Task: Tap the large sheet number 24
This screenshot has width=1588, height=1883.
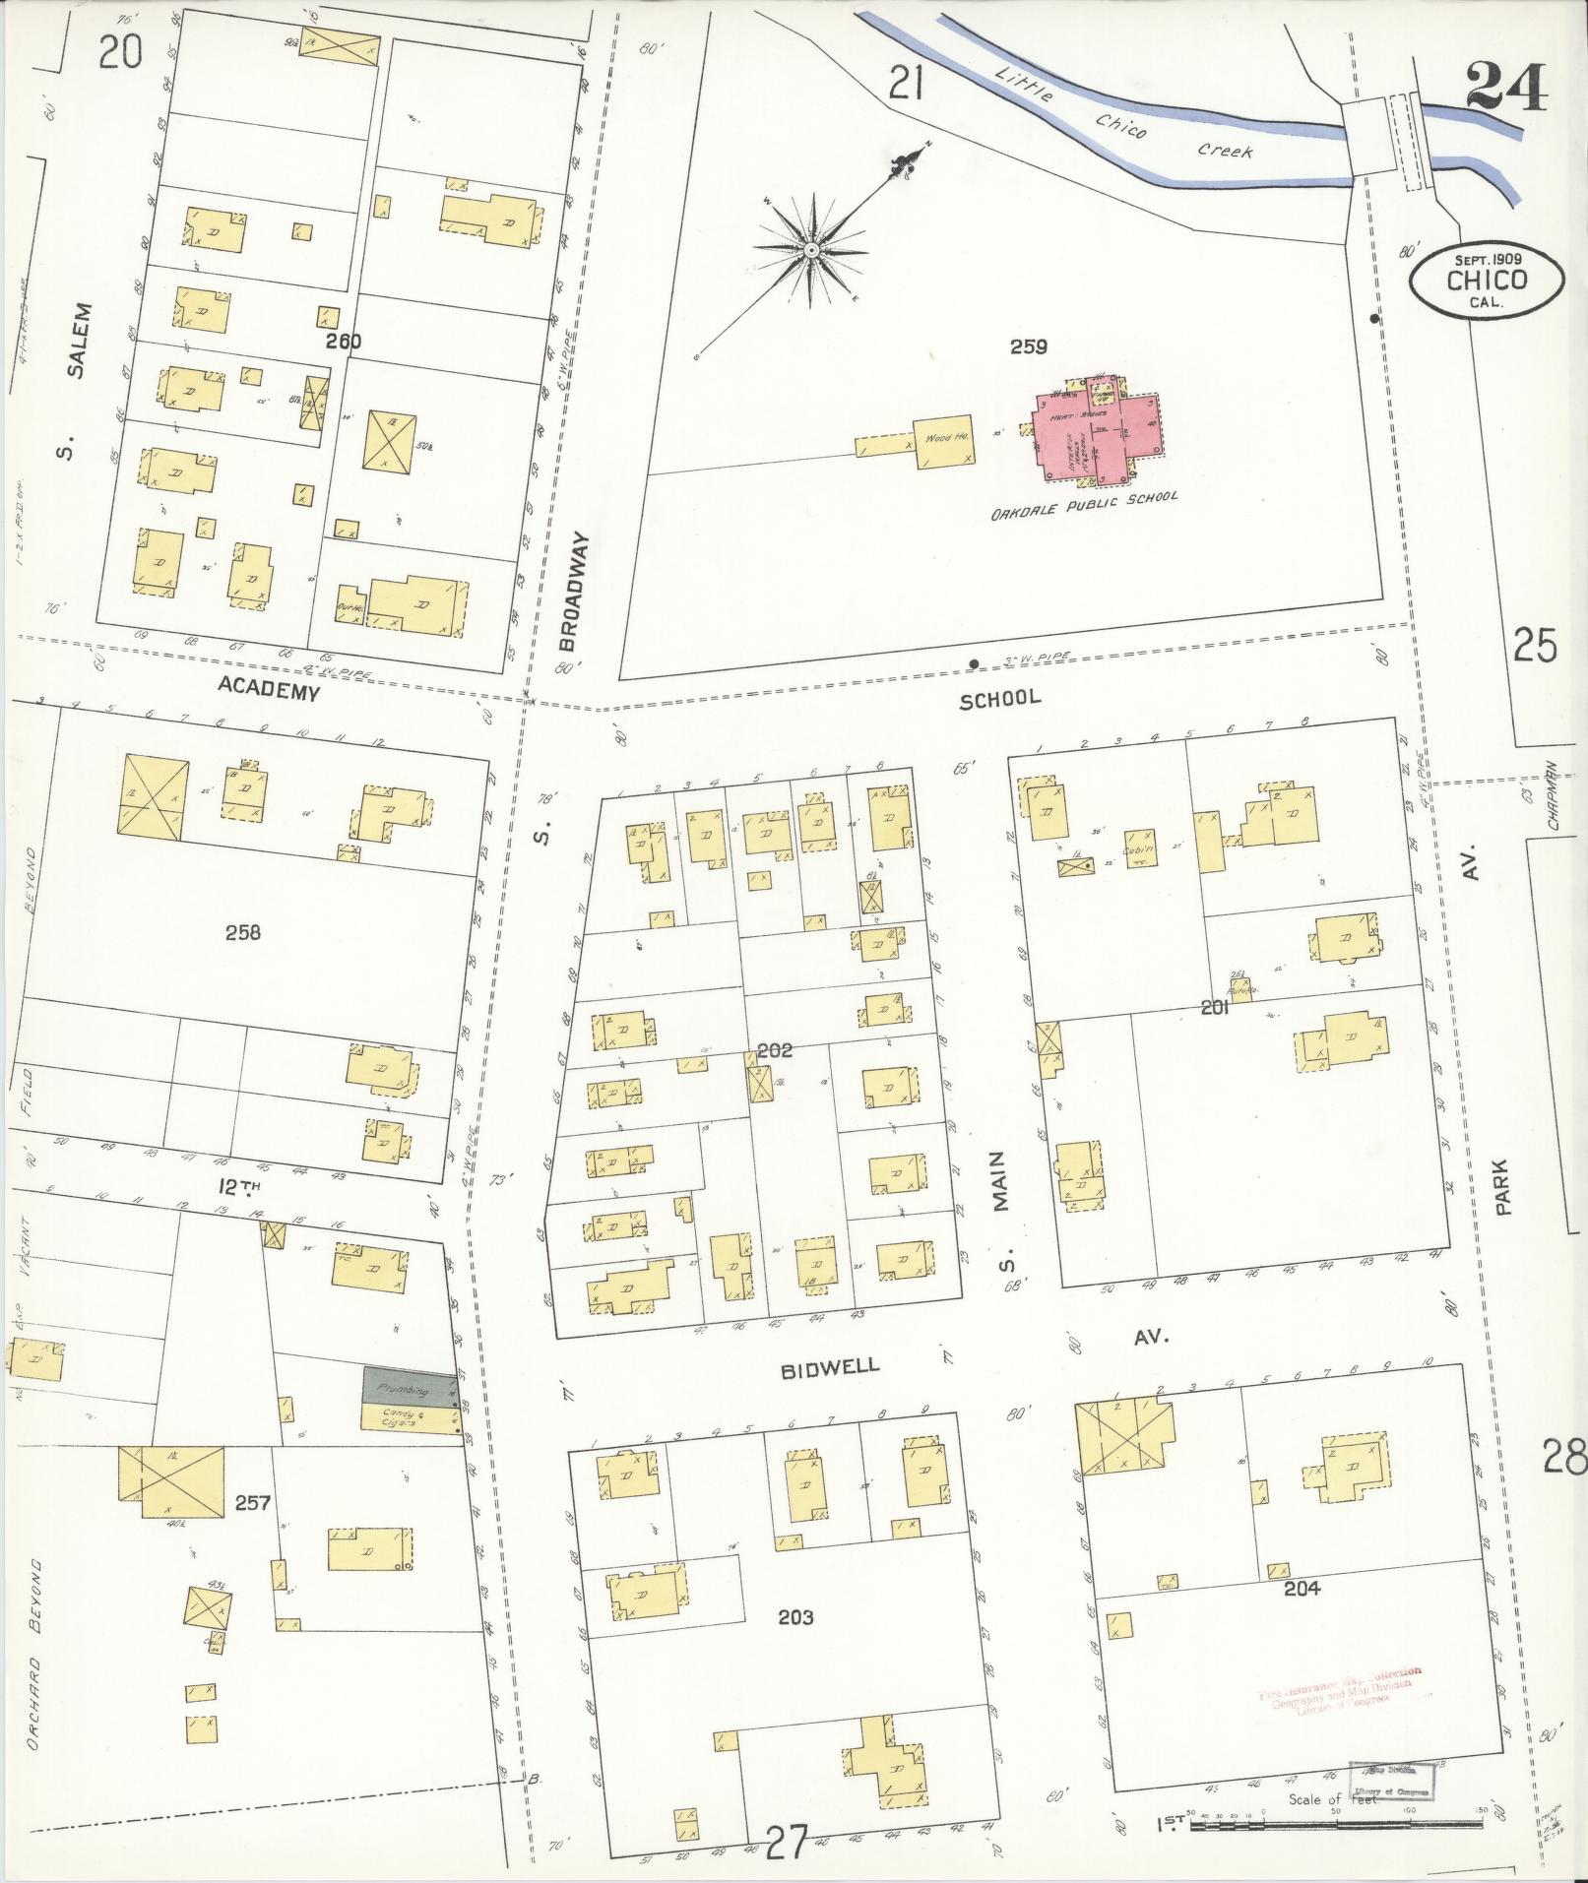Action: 1505,87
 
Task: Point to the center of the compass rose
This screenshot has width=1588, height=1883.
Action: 812,253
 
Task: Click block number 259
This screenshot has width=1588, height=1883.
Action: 1028,346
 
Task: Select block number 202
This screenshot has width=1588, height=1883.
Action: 775,1050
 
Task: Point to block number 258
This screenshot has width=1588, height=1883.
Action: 242,931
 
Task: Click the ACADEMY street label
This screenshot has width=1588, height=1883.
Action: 269,691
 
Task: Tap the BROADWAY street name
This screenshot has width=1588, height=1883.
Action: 576,592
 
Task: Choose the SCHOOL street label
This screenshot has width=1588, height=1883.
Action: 999,698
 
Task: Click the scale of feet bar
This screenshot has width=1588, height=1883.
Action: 1339,1827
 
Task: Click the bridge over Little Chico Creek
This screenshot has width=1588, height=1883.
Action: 1385,136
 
